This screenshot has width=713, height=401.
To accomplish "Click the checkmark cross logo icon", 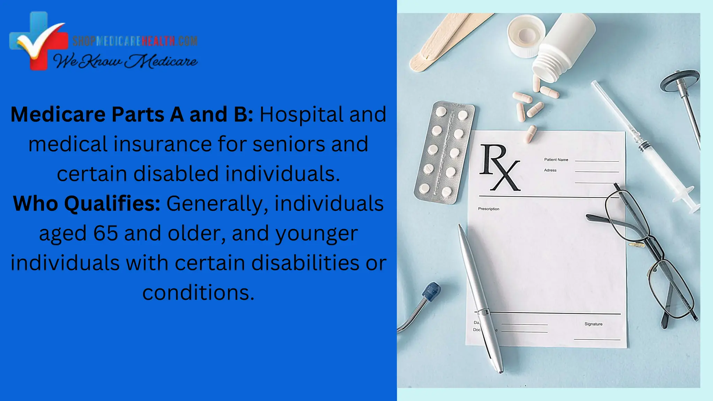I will (x=38, y=41).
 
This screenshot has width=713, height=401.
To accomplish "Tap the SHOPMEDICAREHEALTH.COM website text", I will (x=135, y=41).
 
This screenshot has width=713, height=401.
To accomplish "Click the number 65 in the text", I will (x=105, y=233).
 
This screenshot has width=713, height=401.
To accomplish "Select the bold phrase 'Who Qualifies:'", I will (x=87, y=203).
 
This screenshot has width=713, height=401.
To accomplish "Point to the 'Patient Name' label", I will (x=556, y=160).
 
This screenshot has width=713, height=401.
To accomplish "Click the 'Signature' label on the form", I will (x=593, y=324).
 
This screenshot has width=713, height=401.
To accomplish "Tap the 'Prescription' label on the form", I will (x=488, y=209).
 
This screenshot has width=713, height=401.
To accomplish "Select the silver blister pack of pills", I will (x=444, y=152).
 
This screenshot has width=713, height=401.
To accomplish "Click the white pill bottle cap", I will (x=526, y=35).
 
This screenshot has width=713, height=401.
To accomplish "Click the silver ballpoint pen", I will (x=480, y=299).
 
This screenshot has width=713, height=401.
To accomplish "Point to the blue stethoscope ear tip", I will (x=431, y=291).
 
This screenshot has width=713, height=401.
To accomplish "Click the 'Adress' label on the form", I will (x=550, y=170).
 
